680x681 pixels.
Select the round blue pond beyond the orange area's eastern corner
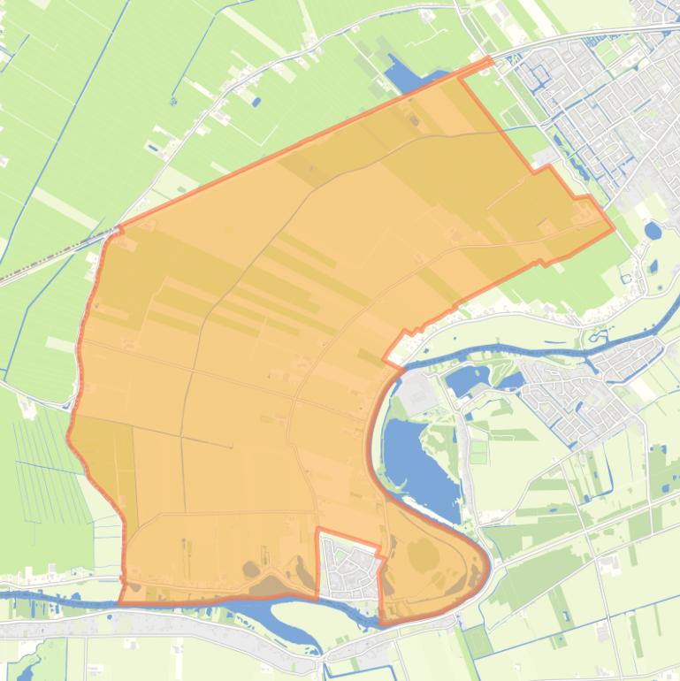pos(653,232)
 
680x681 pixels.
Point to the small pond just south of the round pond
pos(654,264)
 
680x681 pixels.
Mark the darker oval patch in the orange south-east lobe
pos(422,555)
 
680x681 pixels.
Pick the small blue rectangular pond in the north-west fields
pos(256,102)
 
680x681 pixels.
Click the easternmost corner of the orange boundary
pos(614,229)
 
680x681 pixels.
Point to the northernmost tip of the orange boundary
pos(490,59)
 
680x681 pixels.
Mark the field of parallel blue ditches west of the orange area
pos(44,469)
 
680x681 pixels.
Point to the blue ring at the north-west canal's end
pos(173,101)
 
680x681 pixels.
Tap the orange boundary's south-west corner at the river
pos(120,602)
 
